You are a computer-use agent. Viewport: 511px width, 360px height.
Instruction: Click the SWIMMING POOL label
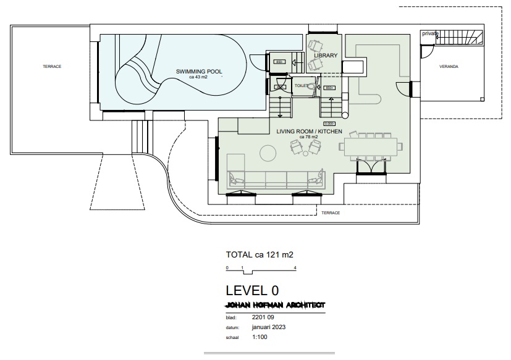[199, 72]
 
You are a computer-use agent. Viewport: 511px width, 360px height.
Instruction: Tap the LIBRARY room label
[326, 56]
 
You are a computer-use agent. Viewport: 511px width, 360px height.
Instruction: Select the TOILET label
[302, 86]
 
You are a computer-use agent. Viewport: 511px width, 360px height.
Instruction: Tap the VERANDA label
[449, 66]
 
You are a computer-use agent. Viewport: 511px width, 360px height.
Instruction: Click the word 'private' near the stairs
[430, 33]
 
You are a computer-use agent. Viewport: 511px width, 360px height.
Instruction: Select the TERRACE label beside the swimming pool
[52, 66]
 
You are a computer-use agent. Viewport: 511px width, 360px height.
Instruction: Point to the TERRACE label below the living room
[331, 212]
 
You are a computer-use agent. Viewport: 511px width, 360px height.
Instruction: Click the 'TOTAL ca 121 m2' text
[260, 254]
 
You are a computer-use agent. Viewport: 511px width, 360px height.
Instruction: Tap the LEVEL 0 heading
[252, 290]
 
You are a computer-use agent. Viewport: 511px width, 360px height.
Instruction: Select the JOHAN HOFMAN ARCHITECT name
[276, 305]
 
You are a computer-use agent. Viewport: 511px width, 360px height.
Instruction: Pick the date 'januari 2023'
[269, 327]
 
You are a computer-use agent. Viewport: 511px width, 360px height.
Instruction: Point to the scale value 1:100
[260, 337]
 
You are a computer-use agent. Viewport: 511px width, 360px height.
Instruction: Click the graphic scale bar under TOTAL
[262, 270]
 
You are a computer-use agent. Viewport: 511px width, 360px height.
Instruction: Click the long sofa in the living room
[276, 179]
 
